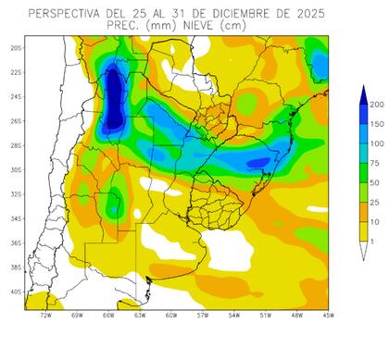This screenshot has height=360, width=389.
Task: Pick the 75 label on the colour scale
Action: pos(376,163)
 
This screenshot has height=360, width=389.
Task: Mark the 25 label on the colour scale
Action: pos(376,203)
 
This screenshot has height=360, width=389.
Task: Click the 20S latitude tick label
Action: pos(16,48)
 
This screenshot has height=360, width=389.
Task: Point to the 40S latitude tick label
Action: pos(16,292)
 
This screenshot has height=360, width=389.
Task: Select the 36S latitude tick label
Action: pos(16,242)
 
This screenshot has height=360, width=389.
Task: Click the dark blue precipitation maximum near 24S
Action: pos(113,96)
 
